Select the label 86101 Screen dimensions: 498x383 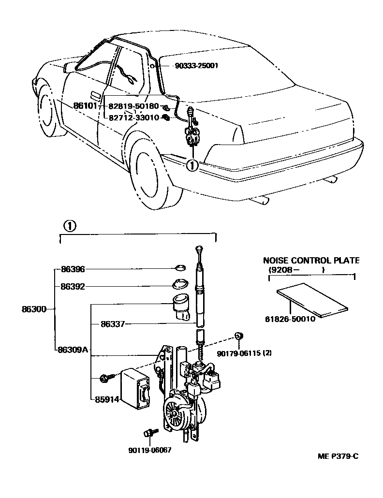(x=86, y=105)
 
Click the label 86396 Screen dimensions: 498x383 (x=73, y=269)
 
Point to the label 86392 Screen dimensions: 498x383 (x=73, y=286)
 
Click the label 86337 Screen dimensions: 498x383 (x=113, y=324)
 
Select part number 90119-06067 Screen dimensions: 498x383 (x=150, y=450)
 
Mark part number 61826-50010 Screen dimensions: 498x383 (x=290, y=319)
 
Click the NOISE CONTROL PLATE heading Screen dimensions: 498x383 (x=310, y=260)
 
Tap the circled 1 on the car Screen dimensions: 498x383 (x=192, y=165)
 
